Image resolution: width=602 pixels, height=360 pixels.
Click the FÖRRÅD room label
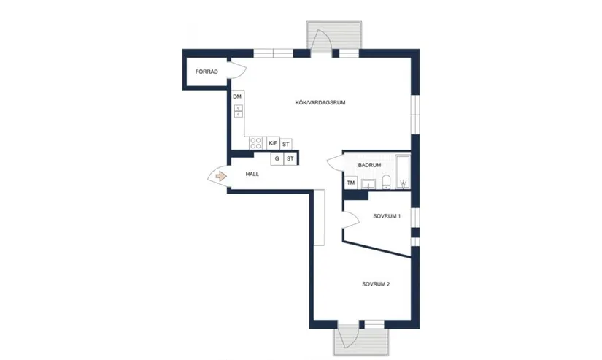tap(207, 72)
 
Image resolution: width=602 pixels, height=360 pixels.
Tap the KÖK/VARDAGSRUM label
tap(320, 102)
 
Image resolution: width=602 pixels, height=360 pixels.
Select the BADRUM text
tap(369, 165)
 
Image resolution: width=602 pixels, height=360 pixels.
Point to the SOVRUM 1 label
tap(387, 216)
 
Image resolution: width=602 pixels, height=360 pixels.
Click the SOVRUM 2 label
tap(376, 284)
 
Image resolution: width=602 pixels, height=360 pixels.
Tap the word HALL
tap(252, 174)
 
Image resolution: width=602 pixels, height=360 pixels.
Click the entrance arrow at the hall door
tap(221, 177)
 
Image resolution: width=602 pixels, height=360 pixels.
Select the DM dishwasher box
tap(238, 97)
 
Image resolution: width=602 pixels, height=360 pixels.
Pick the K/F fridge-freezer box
tap(274, 143)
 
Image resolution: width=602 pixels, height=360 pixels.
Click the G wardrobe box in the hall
tap(277, 158)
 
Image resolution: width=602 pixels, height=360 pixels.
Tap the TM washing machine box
tap(351, 183)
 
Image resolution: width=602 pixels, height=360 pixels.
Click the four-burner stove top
tap(255, 143)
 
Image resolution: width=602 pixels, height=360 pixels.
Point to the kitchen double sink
tap(239, 111)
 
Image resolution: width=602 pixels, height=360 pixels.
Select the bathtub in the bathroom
tap(403, 172)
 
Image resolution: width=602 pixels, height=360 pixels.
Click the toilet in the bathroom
tap(386, 182)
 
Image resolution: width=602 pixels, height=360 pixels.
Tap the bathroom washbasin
tap(368, 184)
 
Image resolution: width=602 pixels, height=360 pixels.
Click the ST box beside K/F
tap(285, 144)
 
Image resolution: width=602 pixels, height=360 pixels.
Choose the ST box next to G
tap(290, 158)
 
